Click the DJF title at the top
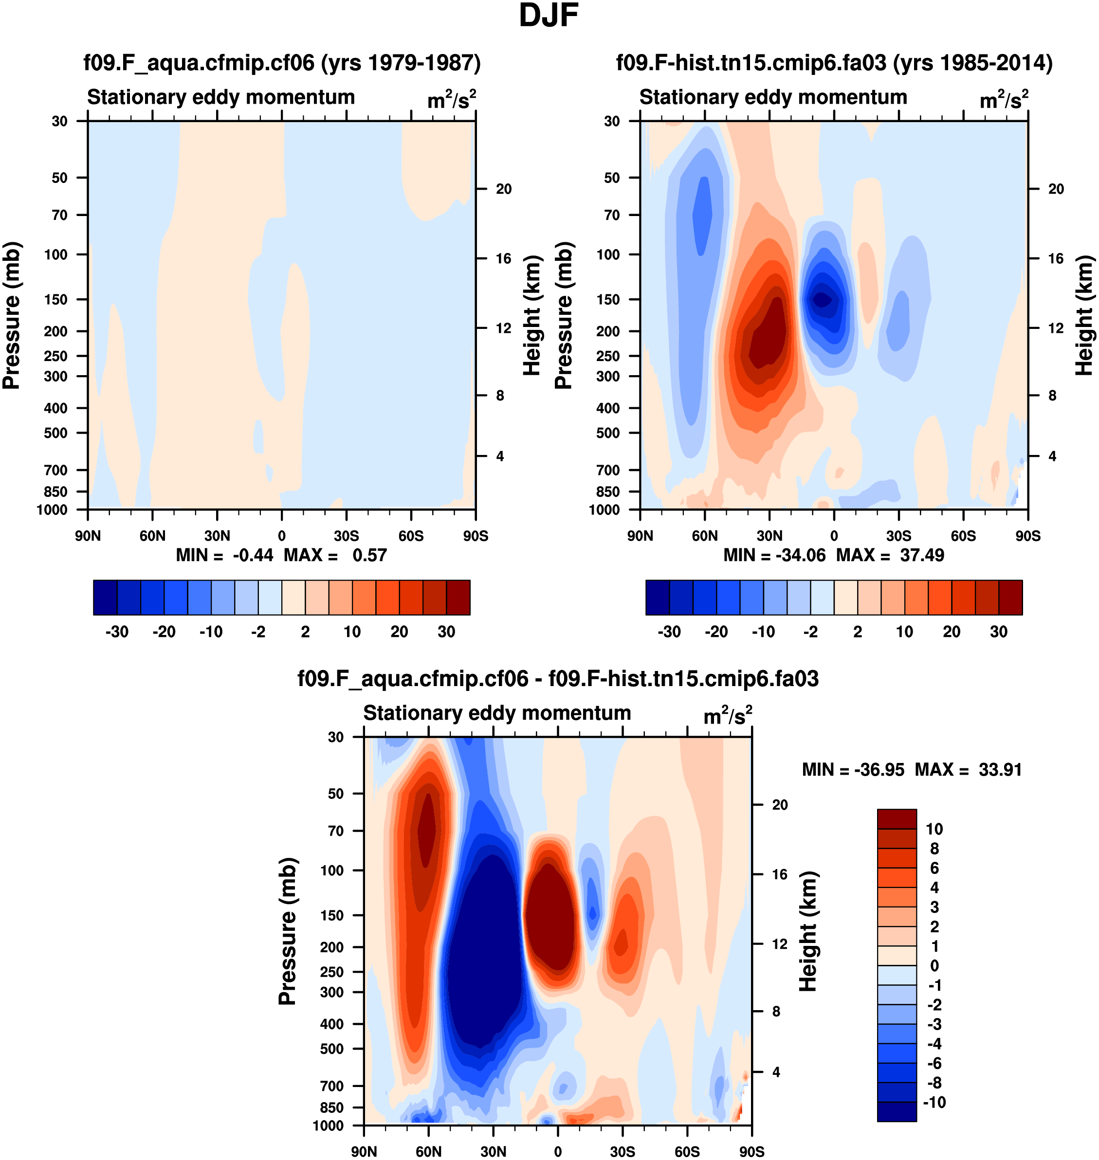point(549,16)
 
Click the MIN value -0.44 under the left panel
point(253,555)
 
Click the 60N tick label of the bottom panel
point(428,1151)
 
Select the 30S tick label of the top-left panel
point(346,536)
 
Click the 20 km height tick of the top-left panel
point(503,189)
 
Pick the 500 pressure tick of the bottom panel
point(331,1049)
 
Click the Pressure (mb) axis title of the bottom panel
point(287,931)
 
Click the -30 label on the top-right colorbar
point(669,632)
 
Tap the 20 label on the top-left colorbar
point(399,632)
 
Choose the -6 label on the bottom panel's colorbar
point(934,1063)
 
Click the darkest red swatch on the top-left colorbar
point(458,598)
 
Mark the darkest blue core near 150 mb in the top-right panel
point(822,300)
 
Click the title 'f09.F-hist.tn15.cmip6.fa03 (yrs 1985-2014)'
point(834,63)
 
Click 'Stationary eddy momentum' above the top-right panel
point(773,97)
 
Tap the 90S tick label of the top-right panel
point(1027,536)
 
